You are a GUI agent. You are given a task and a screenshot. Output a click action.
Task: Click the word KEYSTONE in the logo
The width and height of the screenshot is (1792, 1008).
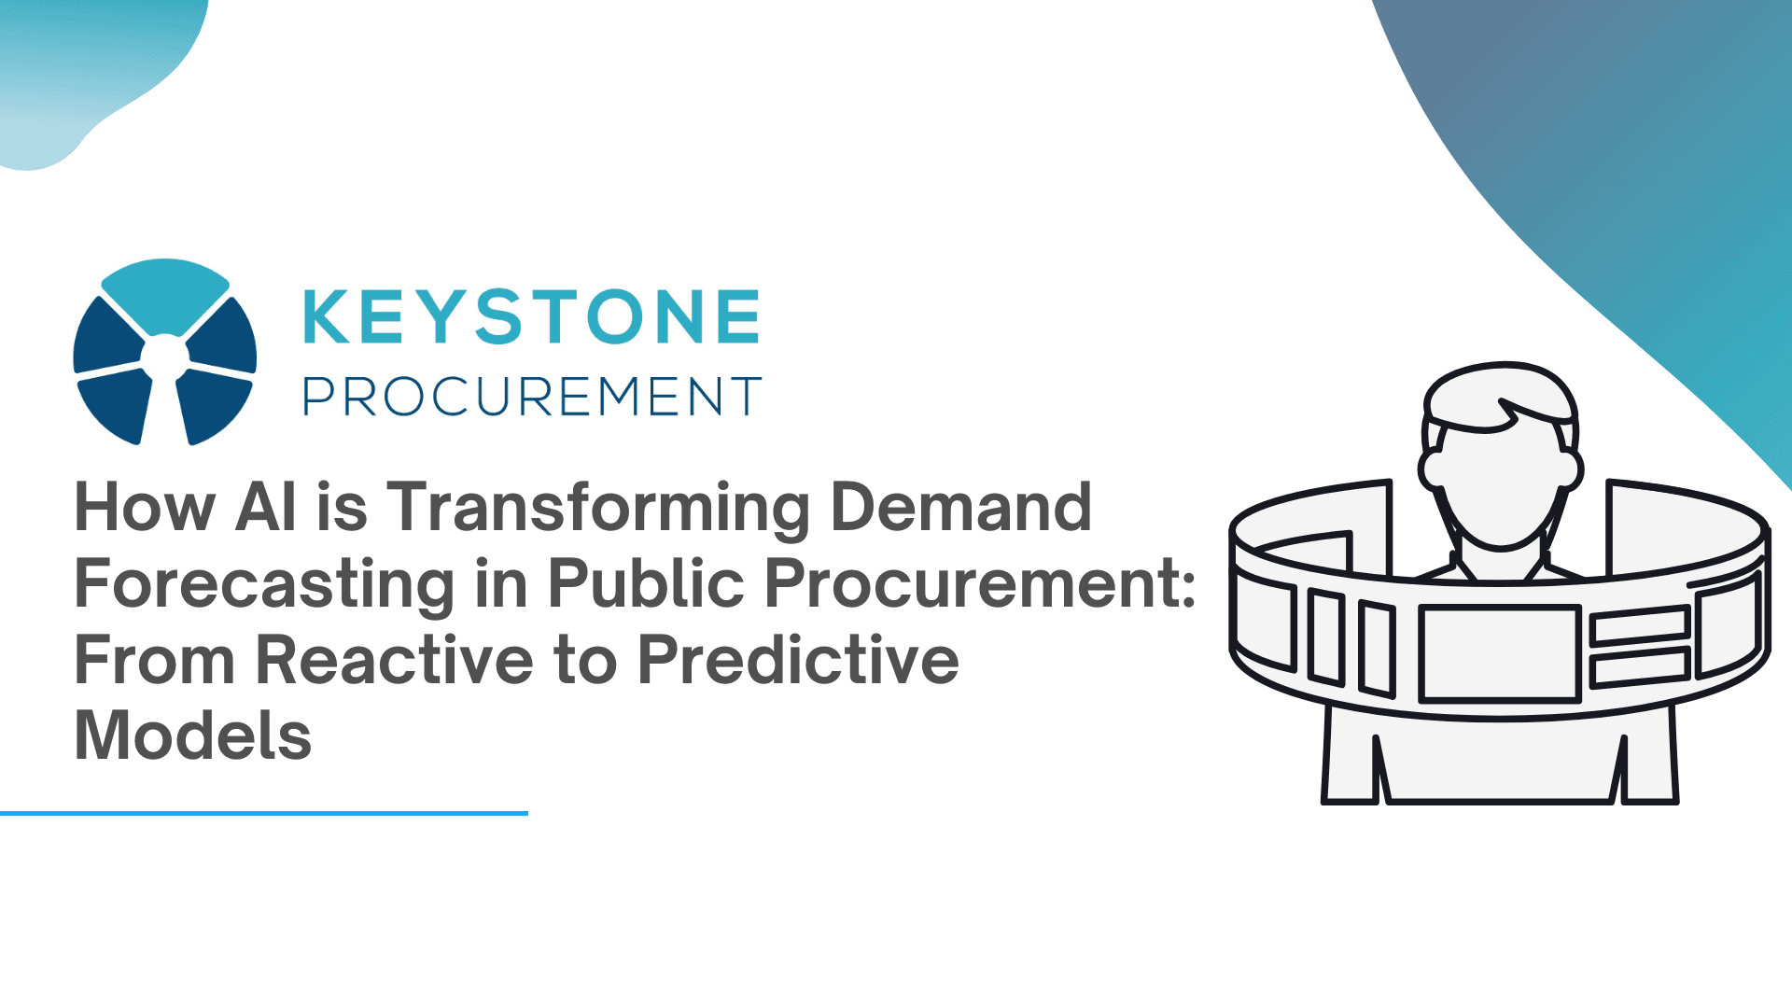531,317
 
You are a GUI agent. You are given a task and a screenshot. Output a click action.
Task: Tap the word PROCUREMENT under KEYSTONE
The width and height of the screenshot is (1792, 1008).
531,397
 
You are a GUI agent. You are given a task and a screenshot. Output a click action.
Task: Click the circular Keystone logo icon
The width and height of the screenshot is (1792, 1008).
165,352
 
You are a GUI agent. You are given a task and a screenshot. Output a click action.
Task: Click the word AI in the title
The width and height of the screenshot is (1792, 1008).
266,508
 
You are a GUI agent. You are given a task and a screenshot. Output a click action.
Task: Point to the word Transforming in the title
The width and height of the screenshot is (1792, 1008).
598,508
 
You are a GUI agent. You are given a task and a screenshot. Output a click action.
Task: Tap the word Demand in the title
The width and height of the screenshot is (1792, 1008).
960,508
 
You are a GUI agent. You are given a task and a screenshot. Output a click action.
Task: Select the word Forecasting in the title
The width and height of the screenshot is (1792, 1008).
264,584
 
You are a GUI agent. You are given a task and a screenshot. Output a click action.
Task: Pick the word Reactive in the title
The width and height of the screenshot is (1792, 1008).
394,660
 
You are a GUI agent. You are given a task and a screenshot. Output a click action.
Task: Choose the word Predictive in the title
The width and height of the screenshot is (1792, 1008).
797,660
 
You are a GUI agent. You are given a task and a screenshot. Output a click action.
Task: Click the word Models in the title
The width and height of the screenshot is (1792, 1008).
192,736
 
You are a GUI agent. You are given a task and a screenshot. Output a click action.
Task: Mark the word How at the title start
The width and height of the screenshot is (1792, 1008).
145,508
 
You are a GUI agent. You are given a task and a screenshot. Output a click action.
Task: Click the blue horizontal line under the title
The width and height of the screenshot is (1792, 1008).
264,813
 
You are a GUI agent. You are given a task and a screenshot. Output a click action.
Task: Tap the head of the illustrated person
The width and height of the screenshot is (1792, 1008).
1500,467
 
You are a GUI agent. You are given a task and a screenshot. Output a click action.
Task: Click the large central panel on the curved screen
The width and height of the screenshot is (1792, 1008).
1499,652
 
